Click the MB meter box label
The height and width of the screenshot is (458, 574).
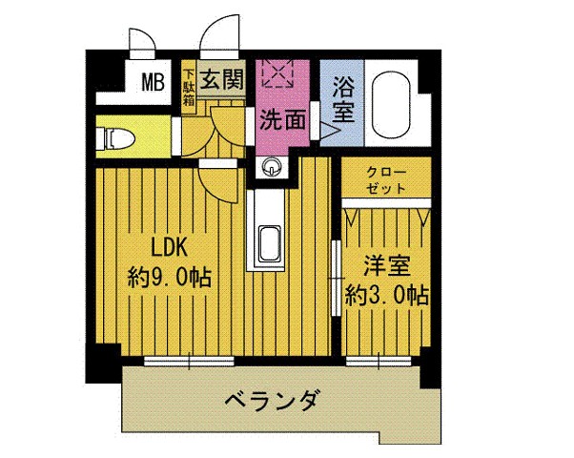click(x=153, y=82)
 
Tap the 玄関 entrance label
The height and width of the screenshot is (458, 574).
click(x=222, y=79)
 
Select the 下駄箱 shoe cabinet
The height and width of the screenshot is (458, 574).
click(x=189, y=87)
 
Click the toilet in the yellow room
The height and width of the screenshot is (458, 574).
click(x=115, y=139)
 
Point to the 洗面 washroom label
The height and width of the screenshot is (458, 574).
click(x=282, y=120)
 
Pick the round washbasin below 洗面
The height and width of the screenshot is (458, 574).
click(x=271, y=166)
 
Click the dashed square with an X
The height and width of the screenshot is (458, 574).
click(x=277, y=73)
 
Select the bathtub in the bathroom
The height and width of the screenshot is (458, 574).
click(x=391, y=104)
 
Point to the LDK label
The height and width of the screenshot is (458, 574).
click(x=170, y=247)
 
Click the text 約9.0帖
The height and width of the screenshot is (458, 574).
click(x=170, y=278)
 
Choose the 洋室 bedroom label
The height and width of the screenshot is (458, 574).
click(x=386, y=265)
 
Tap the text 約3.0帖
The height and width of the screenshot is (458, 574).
click(x=386, y=295)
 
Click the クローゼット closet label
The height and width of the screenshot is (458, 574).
click(x=386, y=180)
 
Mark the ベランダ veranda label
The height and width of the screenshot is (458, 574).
click(x=271, y=401)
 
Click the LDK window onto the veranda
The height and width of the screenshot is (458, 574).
click(x=189, y=362)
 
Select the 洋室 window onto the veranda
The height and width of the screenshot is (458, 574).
click(x=379, y=362)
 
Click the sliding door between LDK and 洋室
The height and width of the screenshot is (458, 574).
click(x=336, y=278)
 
